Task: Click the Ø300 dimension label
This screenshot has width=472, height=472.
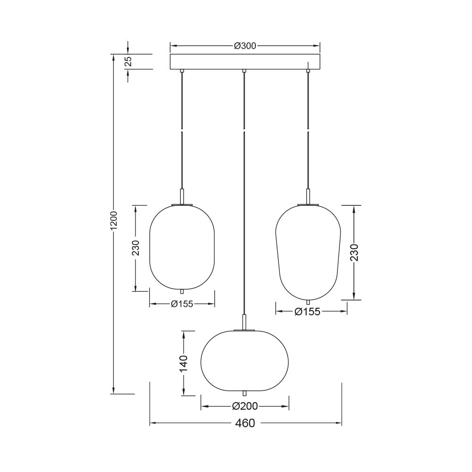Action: click(x=245, y=46)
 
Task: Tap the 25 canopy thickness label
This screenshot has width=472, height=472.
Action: click(x=128, y=61)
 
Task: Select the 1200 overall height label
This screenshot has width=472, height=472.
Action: click(x=113, y=220)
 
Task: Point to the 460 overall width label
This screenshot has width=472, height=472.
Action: click(x=245, y=423)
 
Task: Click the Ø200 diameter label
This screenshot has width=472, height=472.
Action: click(x=245, y=406)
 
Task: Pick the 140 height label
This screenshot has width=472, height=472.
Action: click(x=184, y=363)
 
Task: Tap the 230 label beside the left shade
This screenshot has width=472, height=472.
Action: click(x=136, y=248)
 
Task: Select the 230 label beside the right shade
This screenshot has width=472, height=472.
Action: click(x=354, y=252)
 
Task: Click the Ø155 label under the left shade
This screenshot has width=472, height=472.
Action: click(x=182, y=303)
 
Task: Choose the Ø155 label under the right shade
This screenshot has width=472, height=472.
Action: click(x=307, y=312)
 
